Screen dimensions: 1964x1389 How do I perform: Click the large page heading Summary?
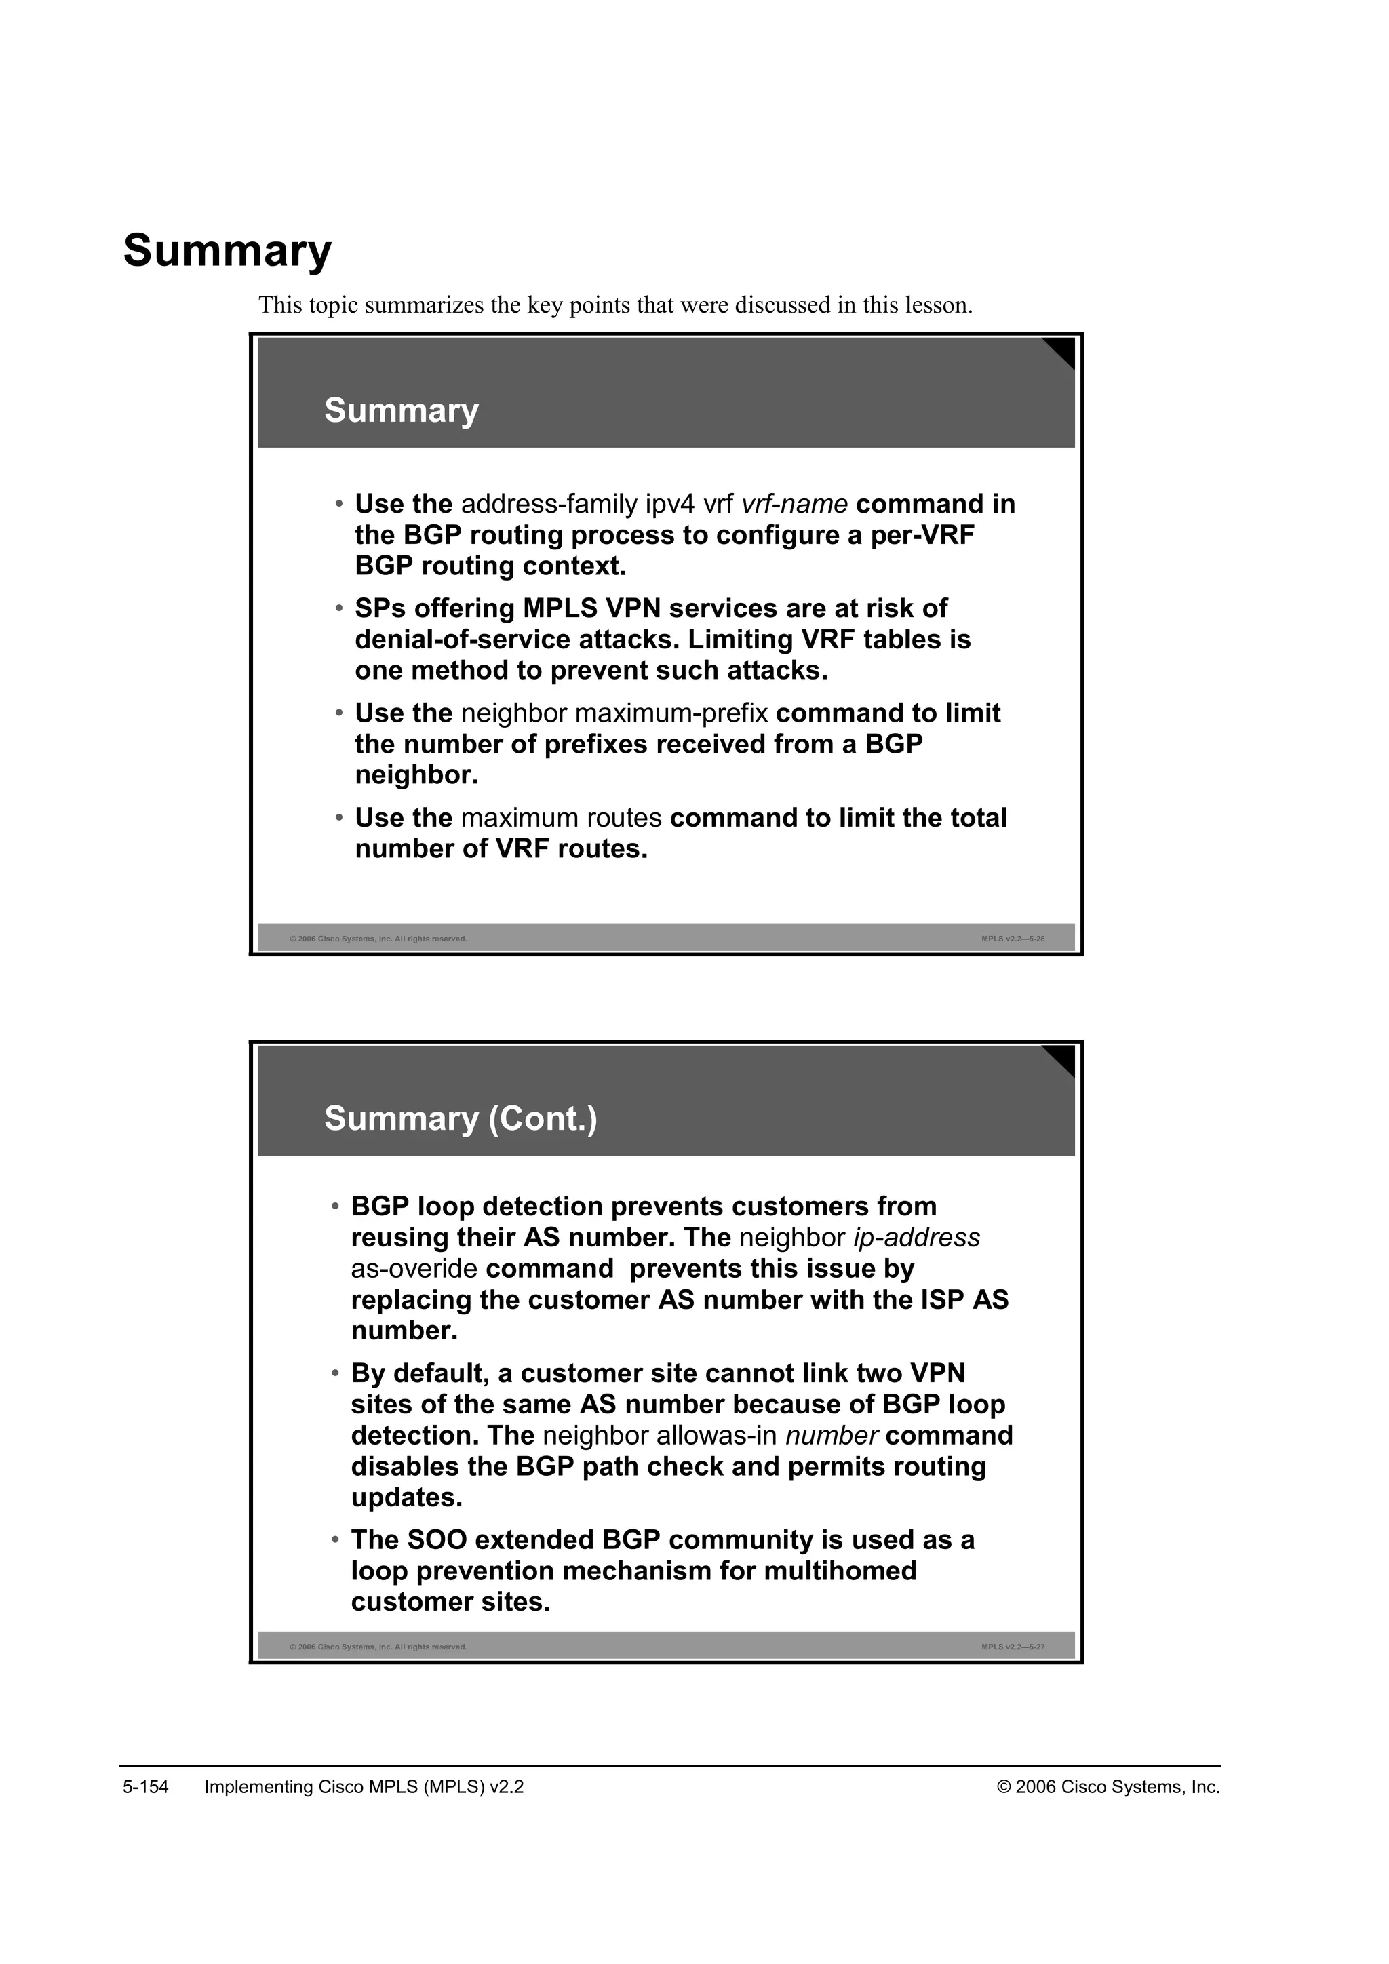(227, 252)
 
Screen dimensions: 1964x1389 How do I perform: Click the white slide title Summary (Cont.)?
(460, 1119)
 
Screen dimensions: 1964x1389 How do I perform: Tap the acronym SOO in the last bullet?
(436, 1539)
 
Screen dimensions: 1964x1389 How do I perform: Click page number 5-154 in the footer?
(145, 1787)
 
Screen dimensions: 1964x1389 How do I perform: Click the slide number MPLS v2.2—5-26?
(1013, 939)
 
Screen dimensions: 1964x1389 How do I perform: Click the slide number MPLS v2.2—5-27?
(1013, 1647)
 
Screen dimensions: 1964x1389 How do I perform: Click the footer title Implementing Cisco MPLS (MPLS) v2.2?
(364, 1787)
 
